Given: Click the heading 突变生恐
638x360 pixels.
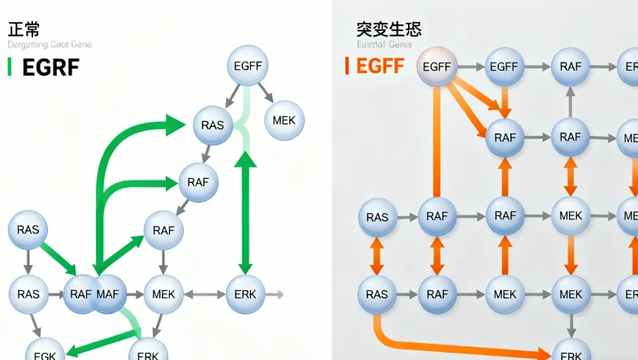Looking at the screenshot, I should point(388,29).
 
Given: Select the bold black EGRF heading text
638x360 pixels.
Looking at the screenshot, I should point(50,67).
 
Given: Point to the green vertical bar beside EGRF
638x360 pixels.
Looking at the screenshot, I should point(9,67).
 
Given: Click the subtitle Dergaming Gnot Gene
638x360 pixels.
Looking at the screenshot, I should point(50,45).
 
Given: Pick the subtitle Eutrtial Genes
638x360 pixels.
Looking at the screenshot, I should point(384,45).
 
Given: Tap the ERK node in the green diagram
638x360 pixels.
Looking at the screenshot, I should point(245,293).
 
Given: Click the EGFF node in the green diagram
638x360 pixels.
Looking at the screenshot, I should point(246,67).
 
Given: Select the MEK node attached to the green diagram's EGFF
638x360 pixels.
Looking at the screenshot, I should point(284,120).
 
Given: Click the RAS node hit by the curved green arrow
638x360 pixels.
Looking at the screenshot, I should point(213,125).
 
